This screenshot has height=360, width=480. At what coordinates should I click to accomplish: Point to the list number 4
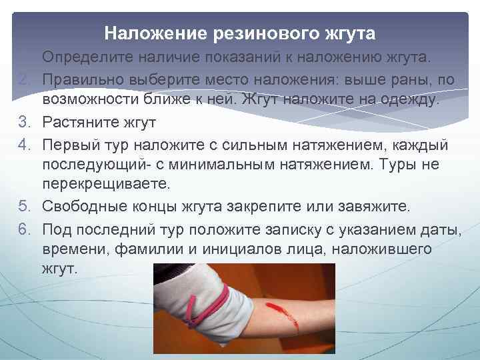coord(23,145)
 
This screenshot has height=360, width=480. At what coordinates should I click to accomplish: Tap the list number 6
coord(23,229)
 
